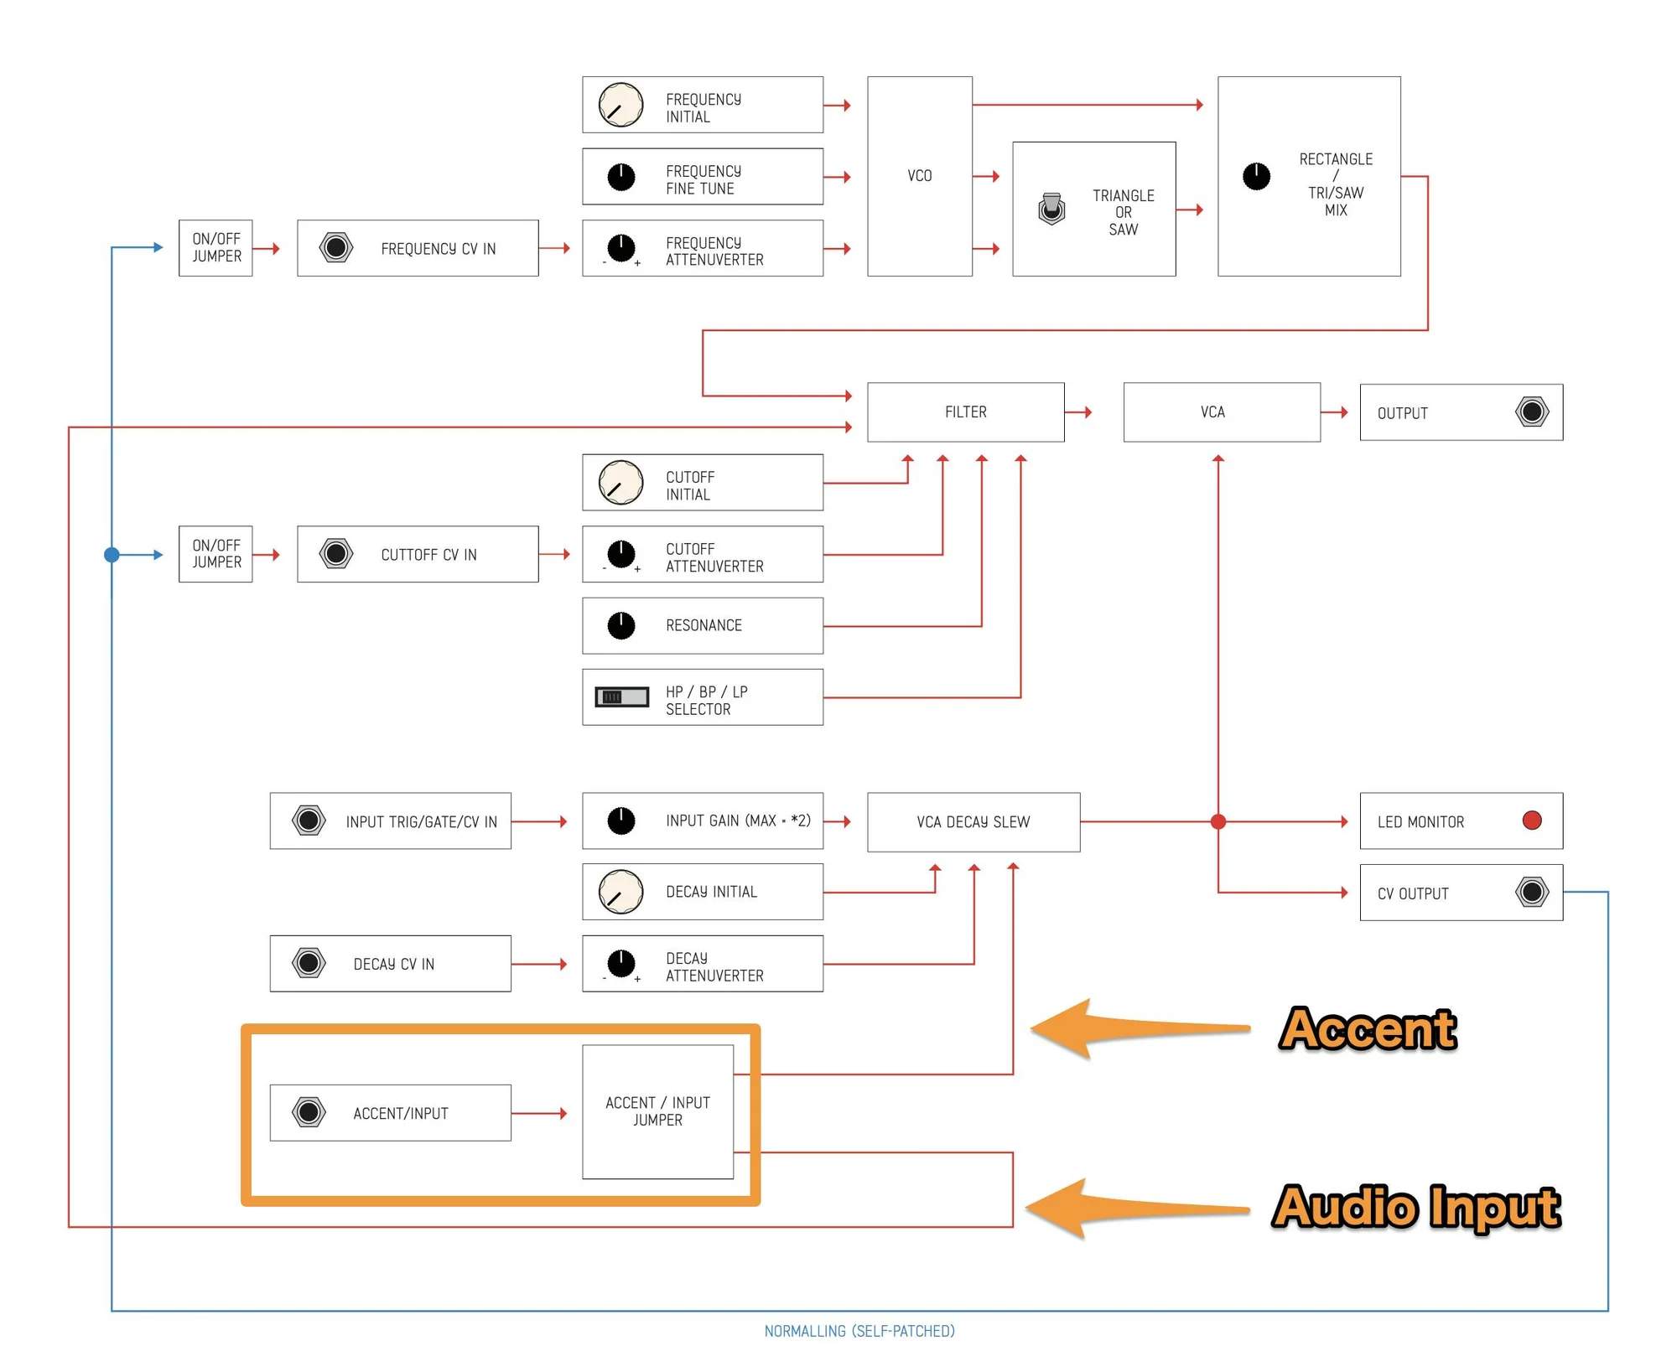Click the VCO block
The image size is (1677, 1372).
click(920, 176)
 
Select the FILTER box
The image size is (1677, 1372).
click(966, 412)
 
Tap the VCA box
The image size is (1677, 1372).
click(1222, 412)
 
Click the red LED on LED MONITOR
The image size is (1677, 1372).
click(1532, 821)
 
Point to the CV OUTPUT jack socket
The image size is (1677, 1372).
click(1532, 892)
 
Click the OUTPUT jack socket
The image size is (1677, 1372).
click(1532, 412)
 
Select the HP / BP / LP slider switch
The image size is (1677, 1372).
click(621, 696)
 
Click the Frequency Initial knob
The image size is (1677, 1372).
click(620, 105)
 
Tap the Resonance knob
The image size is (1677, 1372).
click(621, 625)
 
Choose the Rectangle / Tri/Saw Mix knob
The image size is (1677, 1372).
click(1256, 176)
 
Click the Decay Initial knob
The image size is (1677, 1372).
click(620, 892)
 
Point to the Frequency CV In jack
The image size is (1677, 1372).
click(336, 247)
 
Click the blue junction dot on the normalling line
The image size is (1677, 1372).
click(112, 555)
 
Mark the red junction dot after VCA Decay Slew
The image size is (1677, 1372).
click(1218, 821)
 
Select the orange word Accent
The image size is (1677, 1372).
click(1368, 1028)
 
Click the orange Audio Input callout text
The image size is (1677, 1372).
click(1416, 1207)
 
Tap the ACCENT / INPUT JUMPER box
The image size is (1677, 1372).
click(658, 1111)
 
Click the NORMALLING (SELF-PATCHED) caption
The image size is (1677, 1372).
click(859, 1331)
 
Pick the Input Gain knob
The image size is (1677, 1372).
click(621, 821)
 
